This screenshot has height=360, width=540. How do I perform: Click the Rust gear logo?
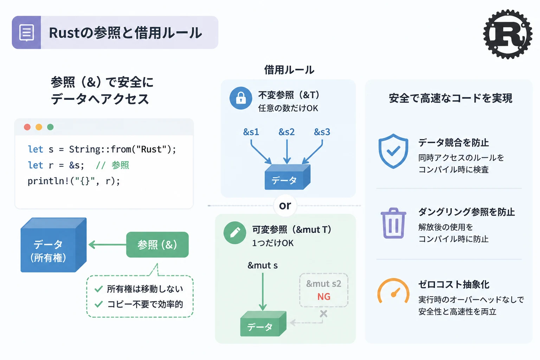[508, 34]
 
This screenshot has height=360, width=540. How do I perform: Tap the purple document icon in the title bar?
[26, 33]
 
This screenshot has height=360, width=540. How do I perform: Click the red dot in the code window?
[27, 127]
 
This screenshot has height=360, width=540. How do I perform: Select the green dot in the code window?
[50, 127]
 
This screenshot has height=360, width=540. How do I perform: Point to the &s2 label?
[287, 132]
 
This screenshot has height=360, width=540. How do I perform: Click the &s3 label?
[322, 132]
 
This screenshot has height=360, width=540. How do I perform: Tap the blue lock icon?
[241, 98]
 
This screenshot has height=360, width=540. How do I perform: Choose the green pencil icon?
[235, 233]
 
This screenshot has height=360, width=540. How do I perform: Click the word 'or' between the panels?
[285, 205]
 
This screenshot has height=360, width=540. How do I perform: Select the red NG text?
[324, 297]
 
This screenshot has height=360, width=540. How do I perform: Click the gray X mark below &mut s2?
[323, 314]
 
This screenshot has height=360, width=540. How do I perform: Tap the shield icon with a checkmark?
[393, 151]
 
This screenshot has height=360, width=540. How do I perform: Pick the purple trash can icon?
[393, 223]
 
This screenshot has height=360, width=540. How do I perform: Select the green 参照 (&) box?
[157, 244]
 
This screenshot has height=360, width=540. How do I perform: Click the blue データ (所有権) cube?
[53, 245]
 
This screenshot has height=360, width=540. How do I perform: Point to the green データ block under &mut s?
[263, 324]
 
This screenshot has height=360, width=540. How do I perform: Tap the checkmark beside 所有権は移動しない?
[98, 289]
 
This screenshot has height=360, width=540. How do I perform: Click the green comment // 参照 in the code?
[112, 166]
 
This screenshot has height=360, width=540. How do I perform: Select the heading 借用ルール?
[289, 70]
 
